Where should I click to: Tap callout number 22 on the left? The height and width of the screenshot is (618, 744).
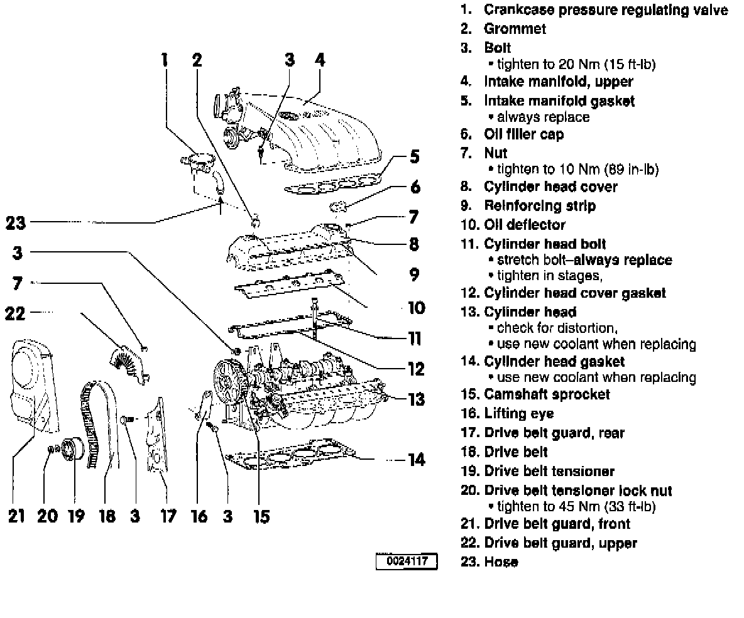click(x=15, y=312)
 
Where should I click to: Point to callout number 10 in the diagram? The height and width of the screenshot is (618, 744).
click(x=416, y=308)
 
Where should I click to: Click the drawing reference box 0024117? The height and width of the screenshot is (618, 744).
click(x=407, y=561)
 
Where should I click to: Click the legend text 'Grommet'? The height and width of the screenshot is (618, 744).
click(x=515, y=28)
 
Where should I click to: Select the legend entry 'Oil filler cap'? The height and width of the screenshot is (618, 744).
click(x=523, y=134)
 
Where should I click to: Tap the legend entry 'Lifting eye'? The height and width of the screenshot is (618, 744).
click(x=518, y=413)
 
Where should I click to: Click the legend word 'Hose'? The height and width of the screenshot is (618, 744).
click(x=501, y=561)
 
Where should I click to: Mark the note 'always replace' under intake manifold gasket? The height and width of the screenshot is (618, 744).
click(x=543, y=117)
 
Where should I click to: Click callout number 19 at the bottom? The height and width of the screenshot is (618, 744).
click(x=75, y=516)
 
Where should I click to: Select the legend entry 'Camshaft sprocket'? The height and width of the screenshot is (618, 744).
click(x=547, y=394)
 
